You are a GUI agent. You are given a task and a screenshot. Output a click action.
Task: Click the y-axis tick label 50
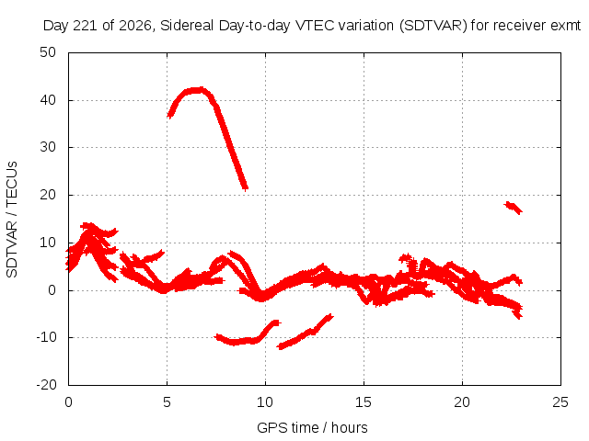pyautogui.click(x=48, y=52)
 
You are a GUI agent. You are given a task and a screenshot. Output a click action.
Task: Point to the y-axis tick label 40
pyautogui.click(x=48, y=100)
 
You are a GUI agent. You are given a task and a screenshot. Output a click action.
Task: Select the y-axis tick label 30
pyautogui.click(x=48, y=147)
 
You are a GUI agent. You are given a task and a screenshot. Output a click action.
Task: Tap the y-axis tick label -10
pyautogui.click(x=46, y=337)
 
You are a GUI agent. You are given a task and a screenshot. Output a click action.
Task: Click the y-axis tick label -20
pyautogui.click(x=46, y=385)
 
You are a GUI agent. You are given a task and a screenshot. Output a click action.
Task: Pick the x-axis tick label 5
pyautogui.click(x=167, y=402)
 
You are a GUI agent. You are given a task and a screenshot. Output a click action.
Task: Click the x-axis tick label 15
pyautogui.click(x=364, y=402)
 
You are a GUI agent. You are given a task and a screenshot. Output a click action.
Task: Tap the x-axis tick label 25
pyautogui.click(x=560, y=402)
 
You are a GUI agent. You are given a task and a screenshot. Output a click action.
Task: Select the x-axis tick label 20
pyautogui.click(x=462, y=402)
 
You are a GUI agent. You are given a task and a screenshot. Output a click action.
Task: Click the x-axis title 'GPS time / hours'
pyautogui.click(x=312, y=428)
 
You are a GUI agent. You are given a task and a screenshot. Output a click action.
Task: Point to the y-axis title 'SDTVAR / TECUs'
pyautogui.click(x=12, y=220)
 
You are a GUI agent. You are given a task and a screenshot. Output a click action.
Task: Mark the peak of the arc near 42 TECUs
pyautogui.click(x=197, y=90)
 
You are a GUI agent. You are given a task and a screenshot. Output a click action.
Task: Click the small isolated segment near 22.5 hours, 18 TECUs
pyautogui.click(x=513, y=208)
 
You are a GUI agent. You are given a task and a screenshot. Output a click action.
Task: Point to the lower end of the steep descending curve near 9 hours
pyautogui.click(x=245, y=187)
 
